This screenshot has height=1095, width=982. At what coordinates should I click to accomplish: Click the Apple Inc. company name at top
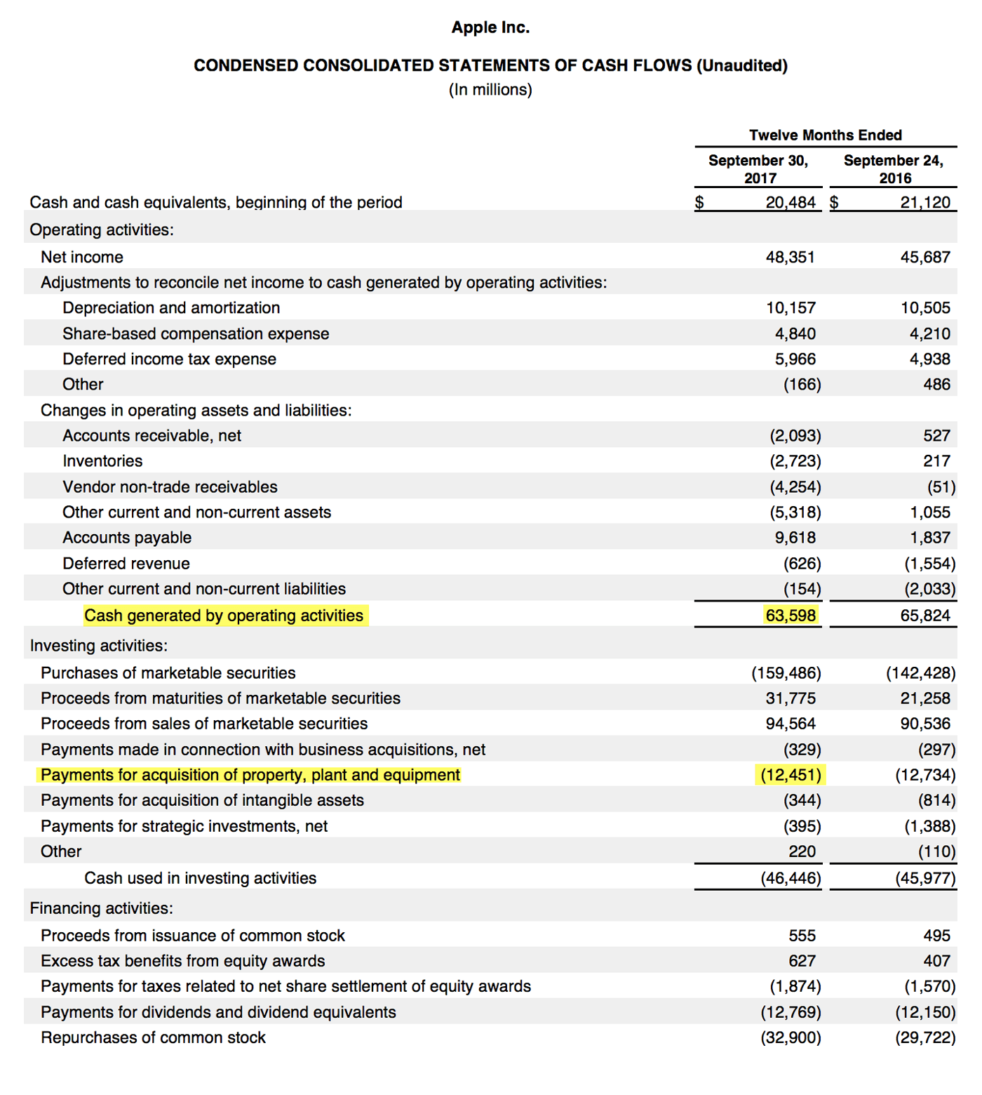(x=490, y=27)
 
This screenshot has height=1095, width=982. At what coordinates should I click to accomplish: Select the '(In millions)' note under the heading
(x=490, y=90)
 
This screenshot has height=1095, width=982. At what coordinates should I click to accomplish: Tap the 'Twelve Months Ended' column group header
(x=825, y=135)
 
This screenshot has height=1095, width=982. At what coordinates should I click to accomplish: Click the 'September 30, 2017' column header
(x=758, y=169)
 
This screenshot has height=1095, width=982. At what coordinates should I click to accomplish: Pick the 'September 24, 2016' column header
(x=894, y=169)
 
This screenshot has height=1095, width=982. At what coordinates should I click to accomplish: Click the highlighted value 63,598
(x=791, y=616)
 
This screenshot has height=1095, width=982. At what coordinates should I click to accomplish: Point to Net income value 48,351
(x=791, y=257)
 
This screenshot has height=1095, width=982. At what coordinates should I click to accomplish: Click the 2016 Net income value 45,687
(x=925, y=257)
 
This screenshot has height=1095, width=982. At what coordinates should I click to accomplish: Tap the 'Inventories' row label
(x=102, y=461)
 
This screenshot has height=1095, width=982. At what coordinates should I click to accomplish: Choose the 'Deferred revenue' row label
(x=126, y=564)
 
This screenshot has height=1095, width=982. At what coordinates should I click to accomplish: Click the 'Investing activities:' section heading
(x=99, y=646)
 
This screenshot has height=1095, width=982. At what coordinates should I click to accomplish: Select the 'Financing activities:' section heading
(x=101, y=908)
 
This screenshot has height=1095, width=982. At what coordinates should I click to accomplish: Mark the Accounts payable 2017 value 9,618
(x=795, y=538)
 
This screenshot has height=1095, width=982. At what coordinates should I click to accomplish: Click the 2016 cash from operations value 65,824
(x=925, y=616)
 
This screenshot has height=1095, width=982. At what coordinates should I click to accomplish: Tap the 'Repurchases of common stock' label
(x=153, y=1037)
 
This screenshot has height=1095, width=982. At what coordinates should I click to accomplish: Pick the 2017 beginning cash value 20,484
(x=791, y=203)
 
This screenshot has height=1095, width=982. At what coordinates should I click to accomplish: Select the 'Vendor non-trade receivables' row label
(x=170, y=487)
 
